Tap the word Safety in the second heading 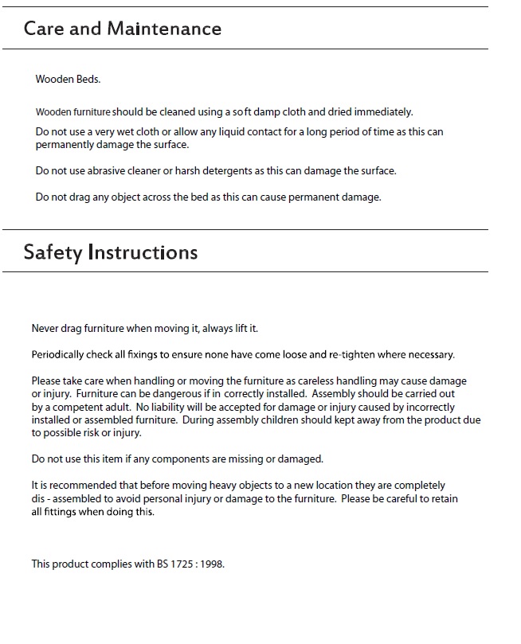(x=53, y=252)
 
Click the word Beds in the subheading (x=88, y=80)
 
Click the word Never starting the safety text (x=45, y=328)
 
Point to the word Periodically (x=59, y=354)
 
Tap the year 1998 (x=211, y=564)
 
